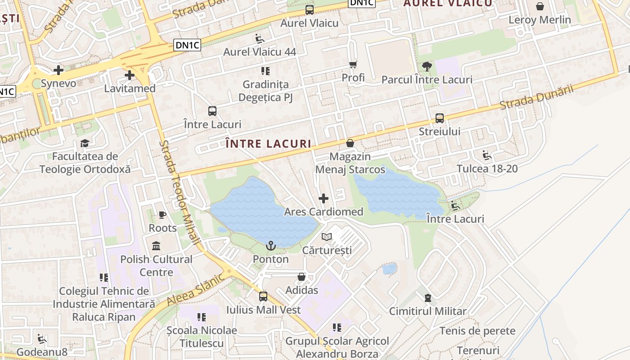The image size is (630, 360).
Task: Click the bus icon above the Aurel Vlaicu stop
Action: click(310, 10)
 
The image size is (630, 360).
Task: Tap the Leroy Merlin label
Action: click(540, 20)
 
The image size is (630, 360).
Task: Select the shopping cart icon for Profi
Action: click(353, 65)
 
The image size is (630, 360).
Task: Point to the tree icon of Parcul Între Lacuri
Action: click(427, 67)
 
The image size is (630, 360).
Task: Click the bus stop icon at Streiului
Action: click(440, 118)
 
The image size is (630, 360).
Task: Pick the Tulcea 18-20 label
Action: click(487, 169)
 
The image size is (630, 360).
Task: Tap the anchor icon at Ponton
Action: click(270, 246)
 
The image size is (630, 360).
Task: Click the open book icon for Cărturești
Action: click(327, 237)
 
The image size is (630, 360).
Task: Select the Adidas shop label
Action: click(301, 290)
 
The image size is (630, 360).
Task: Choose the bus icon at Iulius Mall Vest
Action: click(263, 297)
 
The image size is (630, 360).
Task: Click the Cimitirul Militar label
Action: click(427, 311)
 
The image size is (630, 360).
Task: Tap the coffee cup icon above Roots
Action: click(162, 215)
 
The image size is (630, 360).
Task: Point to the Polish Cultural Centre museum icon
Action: click(157, 246)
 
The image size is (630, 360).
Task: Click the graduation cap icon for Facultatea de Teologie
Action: click(85, 144)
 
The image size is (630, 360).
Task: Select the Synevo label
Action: click(58, 84)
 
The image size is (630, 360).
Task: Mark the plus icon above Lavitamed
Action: click(130, 75)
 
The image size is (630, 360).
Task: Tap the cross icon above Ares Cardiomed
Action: click(323, 198)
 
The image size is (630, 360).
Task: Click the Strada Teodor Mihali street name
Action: click(180, 193)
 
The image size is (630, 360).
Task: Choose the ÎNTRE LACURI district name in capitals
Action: click(268, 144)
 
